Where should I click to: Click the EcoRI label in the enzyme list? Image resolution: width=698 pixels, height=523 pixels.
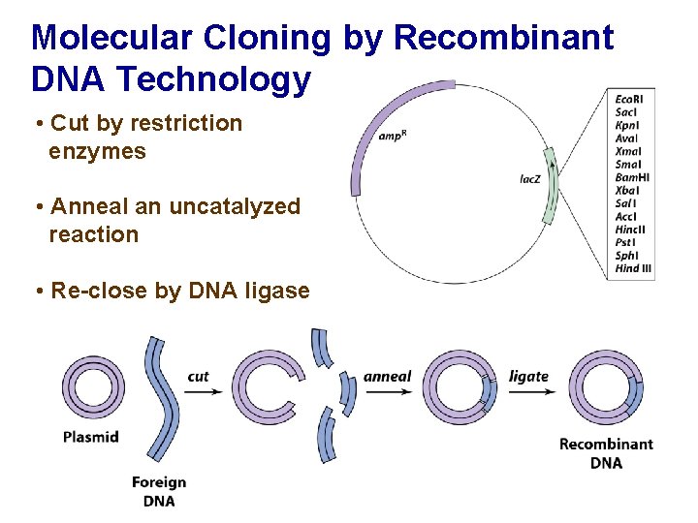(x=629, y=99)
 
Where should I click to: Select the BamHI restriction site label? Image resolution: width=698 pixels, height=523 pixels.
(x=632, y=177)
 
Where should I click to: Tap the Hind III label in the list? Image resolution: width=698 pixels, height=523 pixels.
(x=633, y=268)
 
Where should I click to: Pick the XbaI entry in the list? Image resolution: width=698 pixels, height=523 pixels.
(x=627, y=190)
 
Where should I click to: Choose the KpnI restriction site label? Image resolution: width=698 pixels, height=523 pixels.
(x=627, y=125)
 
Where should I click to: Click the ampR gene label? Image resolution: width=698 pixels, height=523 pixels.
(x=392, y=136)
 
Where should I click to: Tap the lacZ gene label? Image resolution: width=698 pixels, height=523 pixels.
(x=530, y=179)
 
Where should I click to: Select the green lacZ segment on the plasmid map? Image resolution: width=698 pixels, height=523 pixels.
(x=551, y=184)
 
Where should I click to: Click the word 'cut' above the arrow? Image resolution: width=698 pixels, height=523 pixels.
(x=199, y=376)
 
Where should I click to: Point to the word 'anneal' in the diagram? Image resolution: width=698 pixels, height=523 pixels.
(x=388, y=376)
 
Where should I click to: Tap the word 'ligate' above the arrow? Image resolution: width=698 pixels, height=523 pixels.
(x=529, y=376)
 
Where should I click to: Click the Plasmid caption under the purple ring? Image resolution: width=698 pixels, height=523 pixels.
(x=91, y=436)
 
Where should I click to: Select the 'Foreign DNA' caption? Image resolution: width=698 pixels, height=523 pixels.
(x=159, y=491)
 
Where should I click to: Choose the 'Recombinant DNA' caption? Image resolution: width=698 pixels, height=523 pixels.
(x=606, y=453)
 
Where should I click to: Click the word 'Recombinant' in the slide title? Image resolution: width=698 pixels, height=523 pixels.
(x=505, y=38)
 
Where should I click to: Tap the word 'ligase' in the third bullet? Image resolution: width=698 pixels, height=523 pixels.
(x=275, y=291)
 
